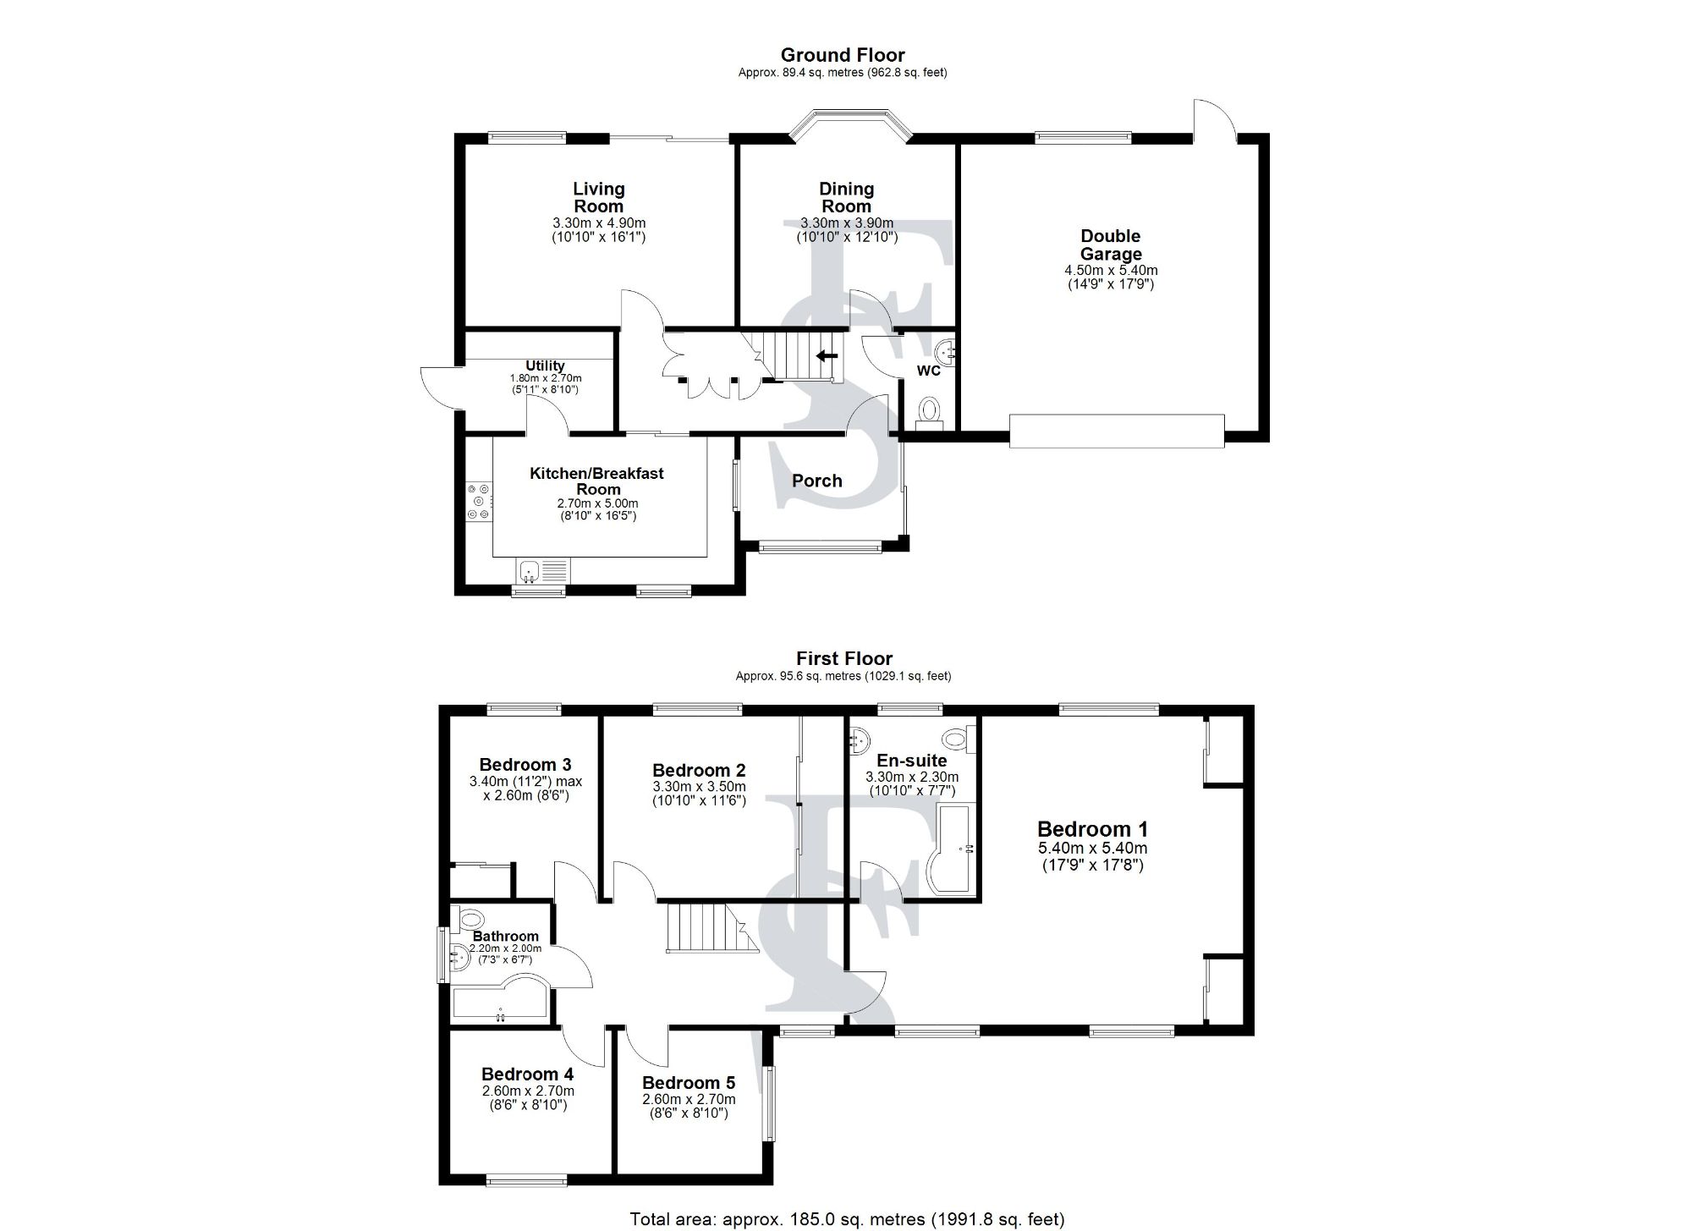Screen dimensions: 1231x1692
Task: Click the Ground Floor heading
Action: [x=843, y=56]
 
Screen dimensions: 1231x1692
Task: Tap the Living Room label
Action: [x=598, y=198]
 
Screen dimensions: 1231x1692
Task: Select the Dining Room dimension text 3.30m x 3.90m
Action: [x=846, y=223]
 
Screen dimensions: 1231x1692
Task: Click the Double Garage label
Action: [x=1110, y=245]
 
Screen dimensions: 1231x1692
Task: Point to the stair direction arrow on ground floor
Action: [x=827, y=356]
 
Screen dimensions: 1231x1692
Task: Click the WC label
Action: [x=928, y=371]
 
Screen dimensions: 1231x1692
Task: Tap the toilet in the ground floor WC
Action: [x=929, y=412]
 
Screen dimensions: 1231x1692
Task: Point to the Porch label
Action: [x=816, y=481]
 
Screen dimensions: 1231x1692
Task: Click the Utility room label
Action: [x=545, y=365]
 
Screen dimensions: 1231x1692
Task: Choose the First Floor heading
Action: [x=843, y=658]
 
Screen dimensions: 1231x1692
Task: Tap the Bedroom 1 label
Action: [x=1092, y=829]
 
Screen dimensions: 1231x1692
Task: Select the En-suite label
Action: [x=911, y=760]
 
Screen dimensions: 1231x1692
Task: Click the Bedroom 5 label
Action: [x=688, y=1083]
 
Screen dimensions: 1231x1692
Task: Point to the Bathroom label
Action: [x=505, y=936]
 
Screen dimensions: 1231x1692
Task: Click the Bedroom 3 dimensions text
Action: [x=525, y=789]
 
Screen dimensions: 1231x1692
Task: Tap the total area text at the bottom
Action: [x=846, y=1218]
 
